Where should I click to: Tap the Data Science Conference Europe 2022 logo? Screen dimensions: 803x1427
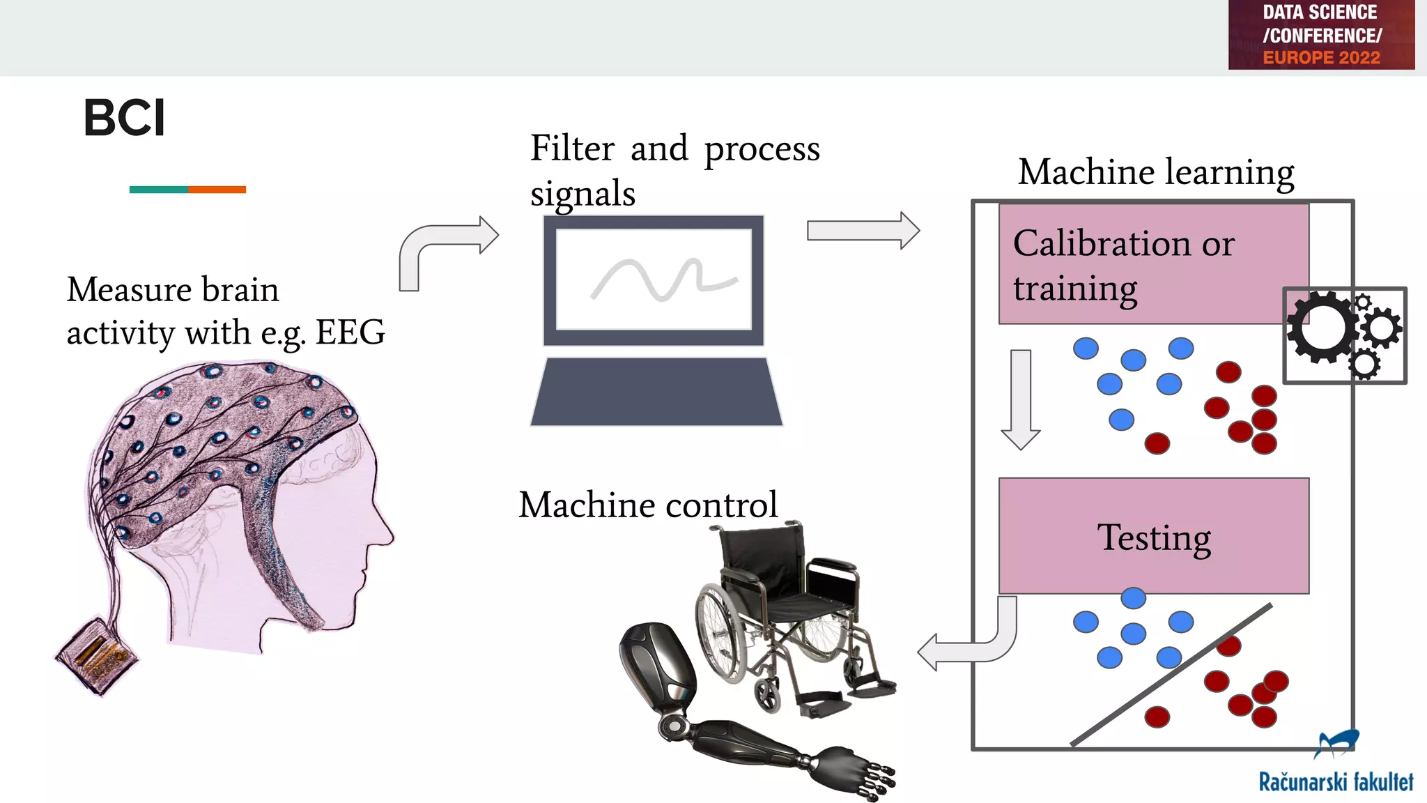pos(1320,35)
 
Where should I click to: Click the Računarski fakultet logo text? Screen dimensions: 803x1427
pos(1335,782)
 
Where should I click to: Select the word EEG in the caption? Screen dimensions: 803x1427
pos(350,332)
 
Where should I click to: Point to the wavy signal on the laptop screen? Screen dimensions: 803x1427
pos(662,279)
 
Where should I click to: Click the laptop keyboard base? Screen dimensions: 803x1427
pos(656,392)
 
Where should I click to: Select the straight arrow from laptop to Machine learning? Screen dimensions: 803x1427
pos(863,231)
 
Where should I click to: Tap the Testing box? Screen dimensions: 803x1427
pos(1154,536)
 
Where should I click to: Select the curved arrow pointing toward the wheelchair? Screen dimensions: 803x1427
pos(975,648)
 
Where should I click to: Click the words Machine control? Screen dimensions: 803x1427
pos(647,505)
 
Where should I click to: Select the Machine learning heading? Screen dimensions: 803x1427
pos(1156,172)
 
